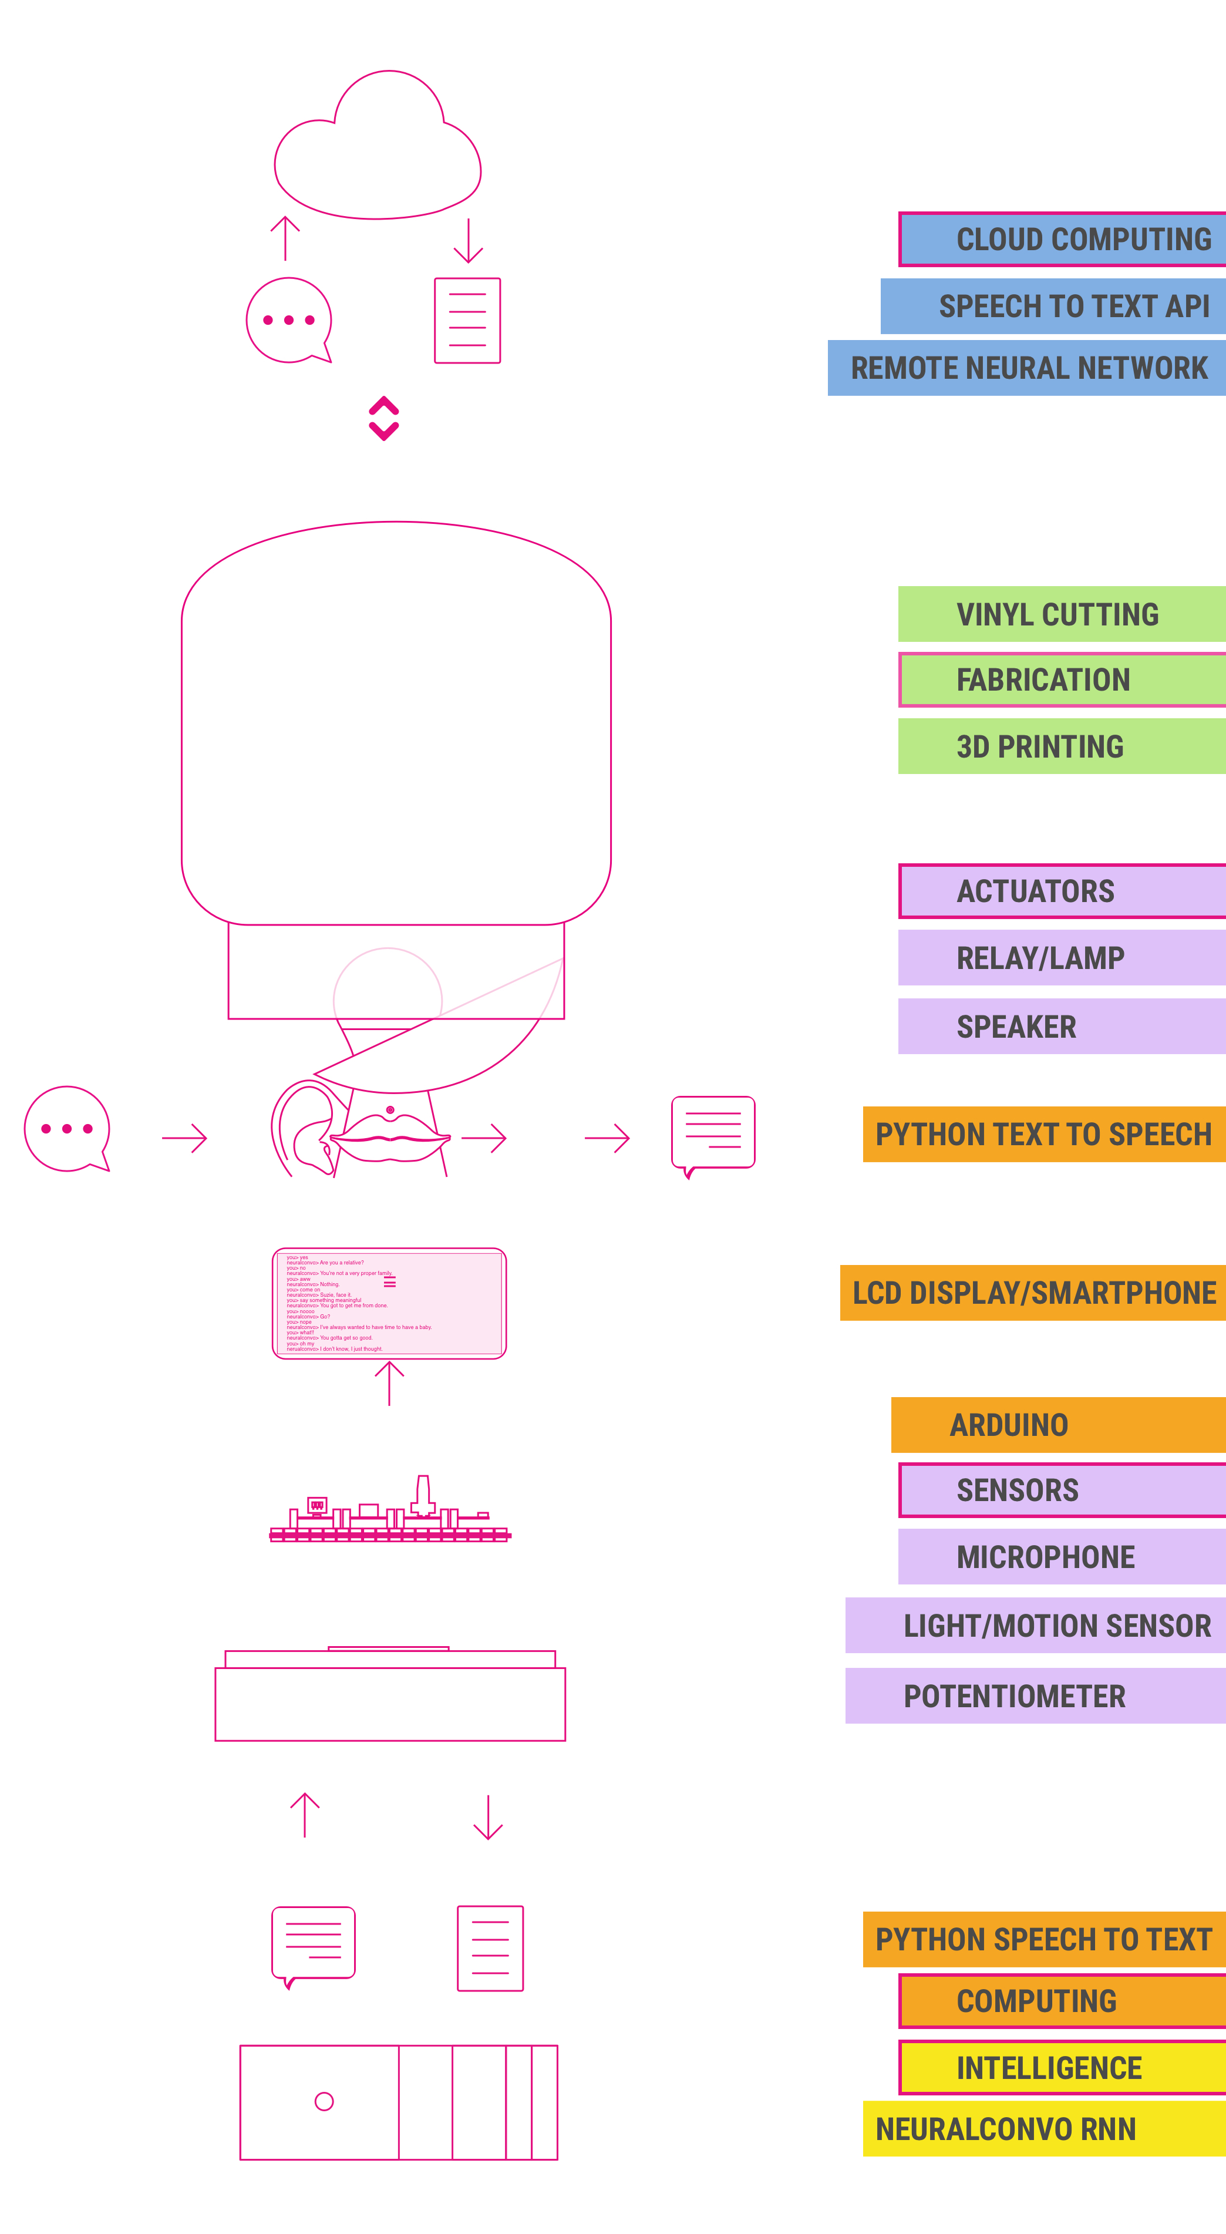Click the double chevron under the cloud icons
click(383, 418)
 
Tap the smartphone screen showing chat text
click(389, 1303)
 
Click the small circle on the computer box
click(324, 2101)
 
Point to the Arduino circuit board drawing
click(389, 1514)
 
